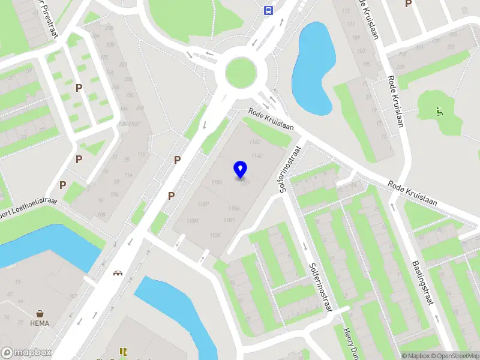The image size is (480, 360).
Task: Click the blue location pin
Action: (x=241, y=170)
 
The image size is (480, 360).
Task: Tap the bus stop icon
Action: (x=268, y=10)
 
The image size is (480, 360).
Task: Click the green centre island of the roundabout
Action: (x=245, y=73)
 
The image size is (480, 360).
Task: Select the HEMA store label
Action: (x=40, y=323)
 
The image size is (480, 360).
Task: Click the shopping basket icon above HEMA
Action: (x=40, y=314)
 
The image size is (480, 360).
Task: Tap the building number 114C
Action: (x=254, y=142)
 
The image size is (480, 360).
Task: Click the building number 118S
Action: (x=217, y=181)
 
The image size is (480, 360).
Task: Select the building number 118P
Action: (x=204, y=204)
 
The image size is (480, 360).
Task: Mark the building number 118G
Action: (x=233, y=208)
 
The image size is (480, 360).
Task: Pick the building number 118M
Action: (x=193, y=221)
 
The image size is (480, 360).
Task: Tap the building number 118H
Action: (x=229, y=220)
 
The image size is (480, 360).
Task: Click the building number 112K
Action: (x=216, y=235)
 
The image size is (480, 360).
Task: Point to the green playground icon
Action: (x=440, y=111)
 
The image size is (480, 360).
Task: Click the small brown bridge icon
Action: (x=118, y=273)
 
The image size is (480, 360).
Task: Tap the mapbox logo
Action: (x=26, y=352)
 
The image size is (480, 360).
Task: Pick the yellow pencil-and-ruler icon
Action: (x=123, y=352)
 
